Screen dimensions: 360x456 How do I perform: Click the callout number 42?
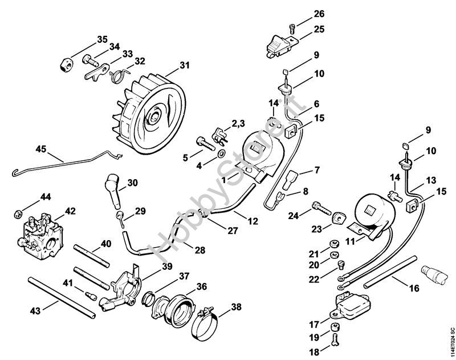70,210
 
